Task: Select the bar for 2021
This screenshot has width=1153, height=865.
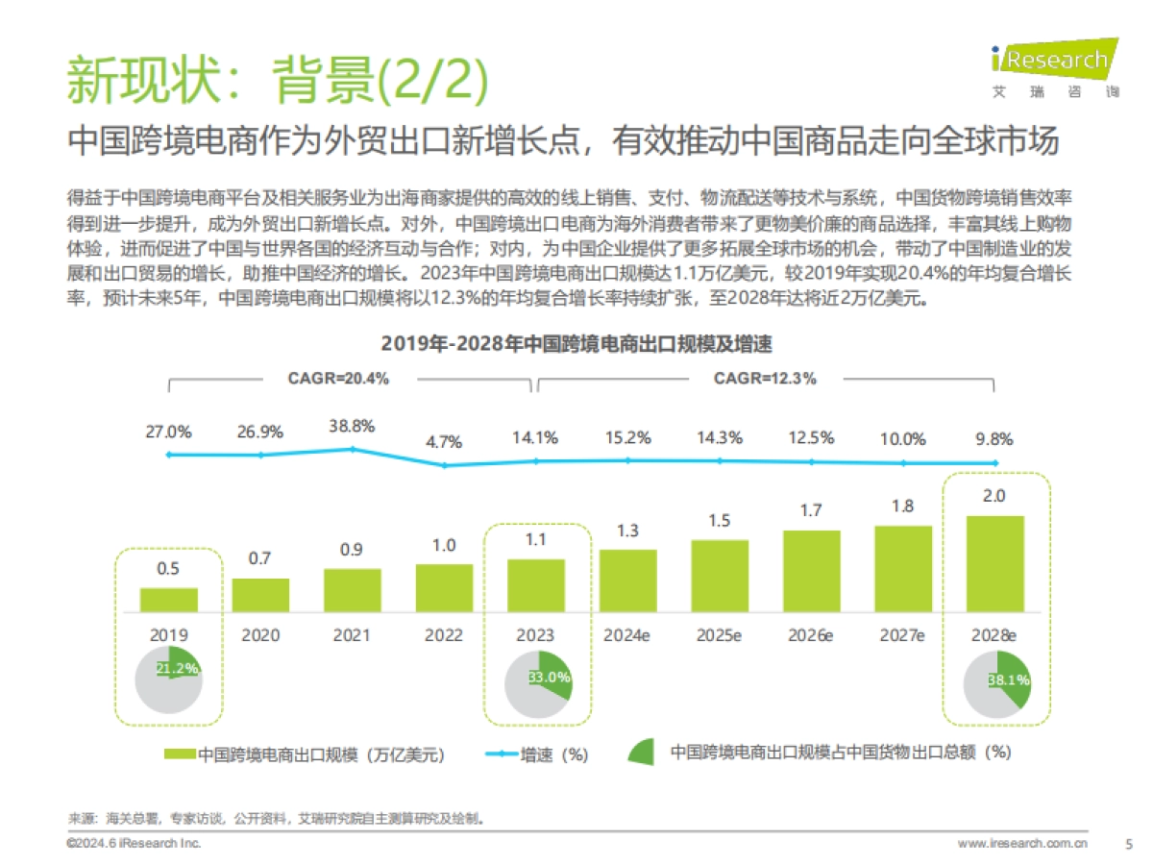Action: tap(352, 590)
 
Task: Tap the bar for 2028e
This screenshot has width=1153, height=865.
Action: tap(994, 564)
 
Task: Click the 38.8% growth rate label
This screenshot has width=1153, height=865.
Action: tap(352, 425)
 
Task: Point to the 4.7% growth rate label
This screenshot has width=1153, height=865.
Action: tap(443, 442)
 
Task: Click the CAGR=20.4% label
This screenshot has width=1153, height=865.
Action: tap(338, 379)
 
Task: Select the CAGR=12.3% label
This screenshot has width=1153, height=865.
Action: tap(765, 379)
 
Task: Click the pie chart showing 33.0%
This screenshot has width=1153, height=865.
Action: tap(537, 680)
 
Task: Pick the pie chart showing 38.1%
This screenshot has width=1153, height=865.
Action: tap(996, 680)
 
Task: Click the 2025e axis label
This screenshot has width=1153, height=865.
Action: tap(719, 635)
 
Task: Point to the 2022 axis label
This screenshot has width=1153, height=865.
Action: tap(443, 635)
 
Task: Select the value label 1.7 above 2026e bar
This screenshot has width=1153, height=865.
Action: tap(811, 510)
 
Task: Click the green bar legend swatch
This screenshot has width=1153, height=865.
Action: tap(180, 754)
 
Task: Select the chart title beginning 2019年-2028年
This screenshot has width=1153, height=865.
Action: tap(576, 343)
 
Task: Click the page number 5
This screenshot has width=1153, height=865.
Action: tap(1128, 844)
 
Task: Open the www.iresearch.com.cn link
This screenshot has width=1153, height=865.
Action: tap(1022, 844)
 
